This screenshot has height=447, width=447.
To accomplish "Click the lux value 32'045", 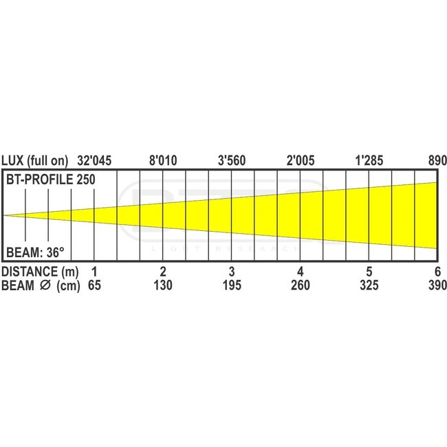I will tap(94, 161).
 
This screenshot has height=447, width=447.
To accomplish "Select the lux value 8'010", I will tap(163, 161).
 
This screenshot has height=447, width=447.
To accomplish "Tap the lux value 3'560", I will tap(232, 161).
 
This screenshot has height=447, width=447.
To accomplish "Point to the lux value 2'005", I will tap(301, 161).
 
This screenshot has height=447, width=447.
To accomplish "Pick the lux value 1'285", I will tap(369, 161).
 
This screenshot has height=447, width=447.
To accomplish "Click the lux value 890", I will tap(437, 161).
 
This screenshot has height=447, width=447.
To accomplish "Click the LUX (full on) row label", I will tap(35, 161).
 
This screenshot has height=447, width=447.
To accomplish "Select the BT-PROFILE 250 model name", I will tap(50, 179).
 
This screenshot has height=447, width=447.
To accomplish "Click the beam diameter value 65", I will tap(94, 285).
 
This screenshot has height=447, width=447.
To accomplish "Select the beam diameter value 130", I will tap(163, 285).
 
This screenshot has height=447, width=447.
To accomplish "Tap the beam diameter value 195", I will tap(232, 285).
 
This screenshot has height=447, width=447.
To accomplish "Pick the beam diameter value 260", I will tap(301, 285).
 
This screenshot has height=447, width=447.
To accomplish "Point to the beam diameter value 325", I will tap(369, 285).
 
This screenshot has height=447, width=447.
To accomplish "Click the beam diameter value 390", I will tap(436, 285).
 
